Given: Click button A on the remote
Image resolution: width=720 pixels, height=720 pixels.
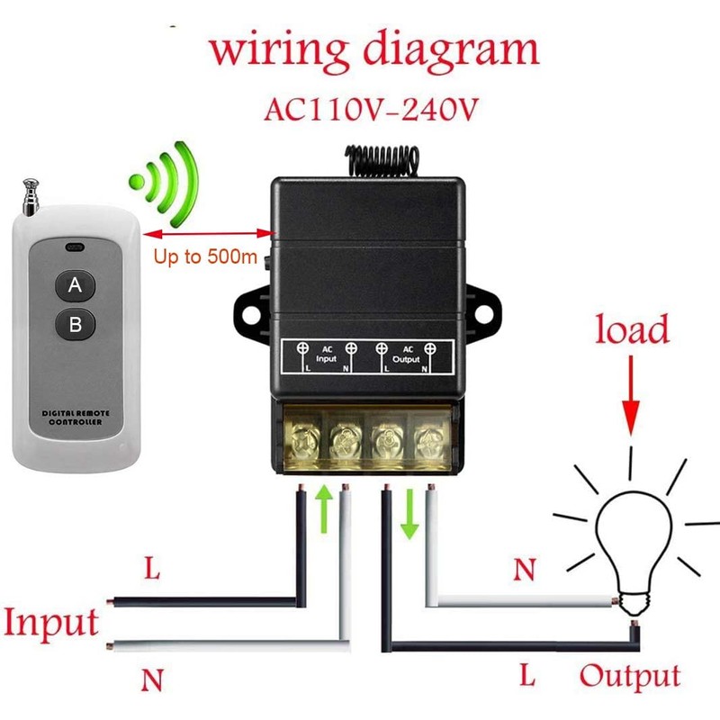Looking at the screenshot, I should [x=76, y=287].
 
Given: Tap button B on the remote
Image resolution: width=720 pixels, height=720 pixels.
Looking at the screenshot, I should [x=76, y=322].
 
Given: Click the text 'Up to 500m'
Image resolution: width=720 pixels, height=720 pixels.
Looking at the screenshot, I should [x=206, y=257].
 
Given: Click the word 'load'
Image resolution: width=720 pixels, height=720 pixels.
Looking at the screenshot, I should [x=633, y=330].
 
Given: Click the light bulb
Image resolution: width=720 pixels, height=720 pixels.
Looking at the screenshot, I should [x=629, y=540].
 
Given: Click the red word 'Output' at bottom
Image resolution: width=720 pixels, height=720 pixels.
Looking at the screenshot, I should [x=630, y=676].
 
